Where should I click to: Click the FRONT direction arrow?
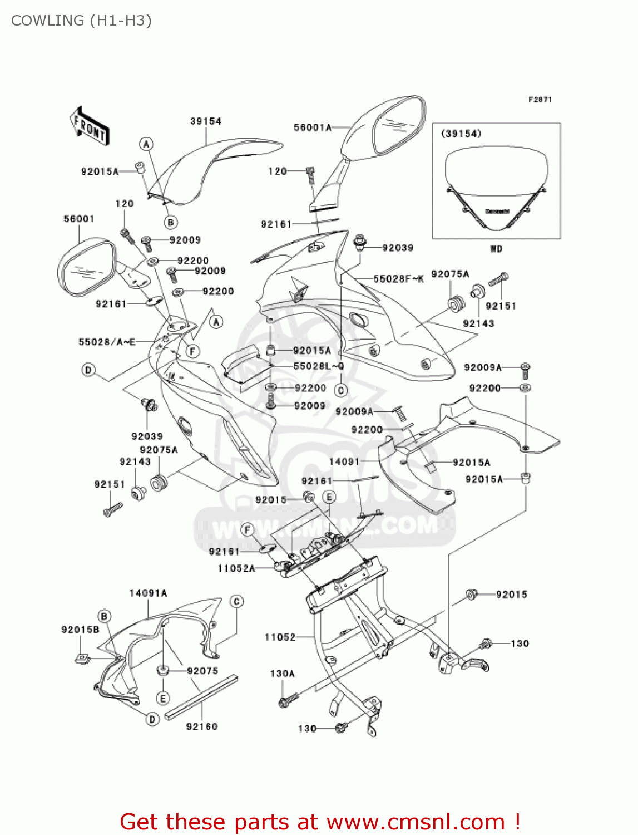click(x=90, y=126)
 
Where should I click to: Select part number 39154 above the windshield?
click(x=205, y=121)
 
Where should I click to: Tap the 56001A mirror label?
click(x=312, y=128)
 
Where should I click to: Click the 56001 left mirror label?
click(x=78, y=219)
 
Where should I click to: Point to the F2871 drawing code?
click(x=540, y=100)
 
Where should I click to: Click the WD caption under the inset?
click(x=496, y=249)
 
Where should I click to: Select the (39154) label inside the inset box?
click(x=461, y=134)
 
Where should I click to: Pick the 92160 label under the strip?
click(x=202, y=726)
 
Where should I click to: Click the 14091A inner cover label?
click(x=148, y=593)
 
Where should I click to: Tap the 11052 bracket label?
click(x=280, y=637)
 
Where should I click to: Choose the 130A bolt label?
click(x=282, y=674)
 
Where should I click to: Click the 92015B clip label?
click(x=80, y=630)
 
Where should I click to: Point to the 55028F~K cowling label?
click(x=398, y=279)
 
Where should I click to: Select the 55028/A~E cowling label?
click(x=107, y=342)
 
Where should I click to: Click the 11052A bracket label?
click(x=236, y=568)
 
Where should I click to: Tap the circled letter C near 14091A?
click(x=237, y=602)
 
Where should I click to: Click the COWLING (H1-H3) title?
click(x=81, y=21)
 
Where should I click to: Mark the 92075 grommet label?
click(x=202, y=671)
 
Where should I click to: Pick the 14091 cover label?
click(x=344, y=461)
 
